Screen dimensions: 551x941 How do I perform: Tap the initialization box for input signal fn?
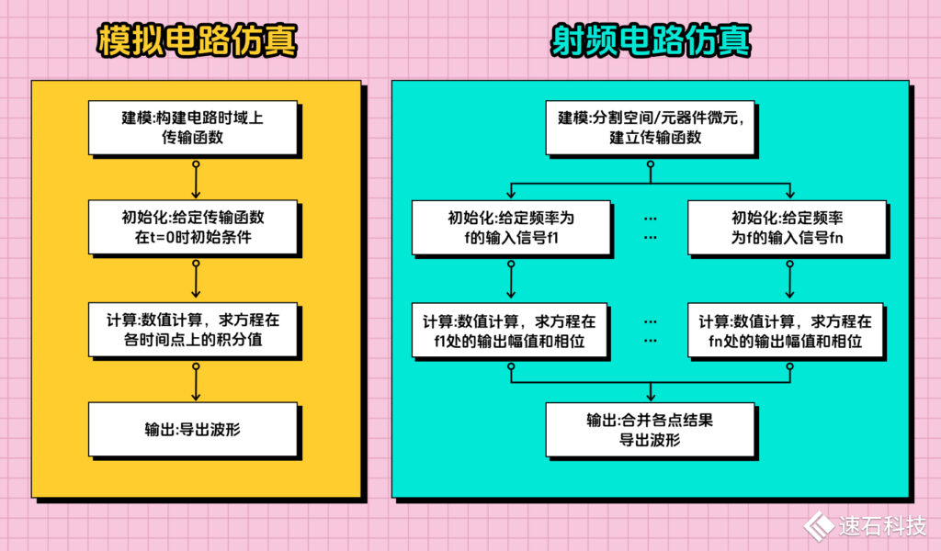pos(788,227)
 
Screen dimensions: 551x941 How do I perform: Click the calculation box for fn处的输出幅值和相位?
pos(788,331)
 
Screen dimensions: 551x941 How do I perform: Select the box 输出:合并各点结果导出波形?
pos(651,429)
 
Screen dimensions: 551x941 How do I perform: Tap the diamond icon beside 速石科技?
pos(818,524)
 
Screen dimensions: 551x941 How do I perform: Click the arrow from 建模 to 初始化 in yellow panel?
pos(195,180)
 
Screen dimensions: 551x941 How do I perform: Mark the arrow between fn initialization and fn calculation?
pos(788,279)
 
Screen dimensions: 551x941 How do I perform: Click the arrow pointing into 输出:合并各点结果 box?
pos(651,393)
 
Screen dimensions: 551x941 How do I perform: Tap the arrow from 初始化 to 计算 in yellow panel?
pos(195,279)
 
